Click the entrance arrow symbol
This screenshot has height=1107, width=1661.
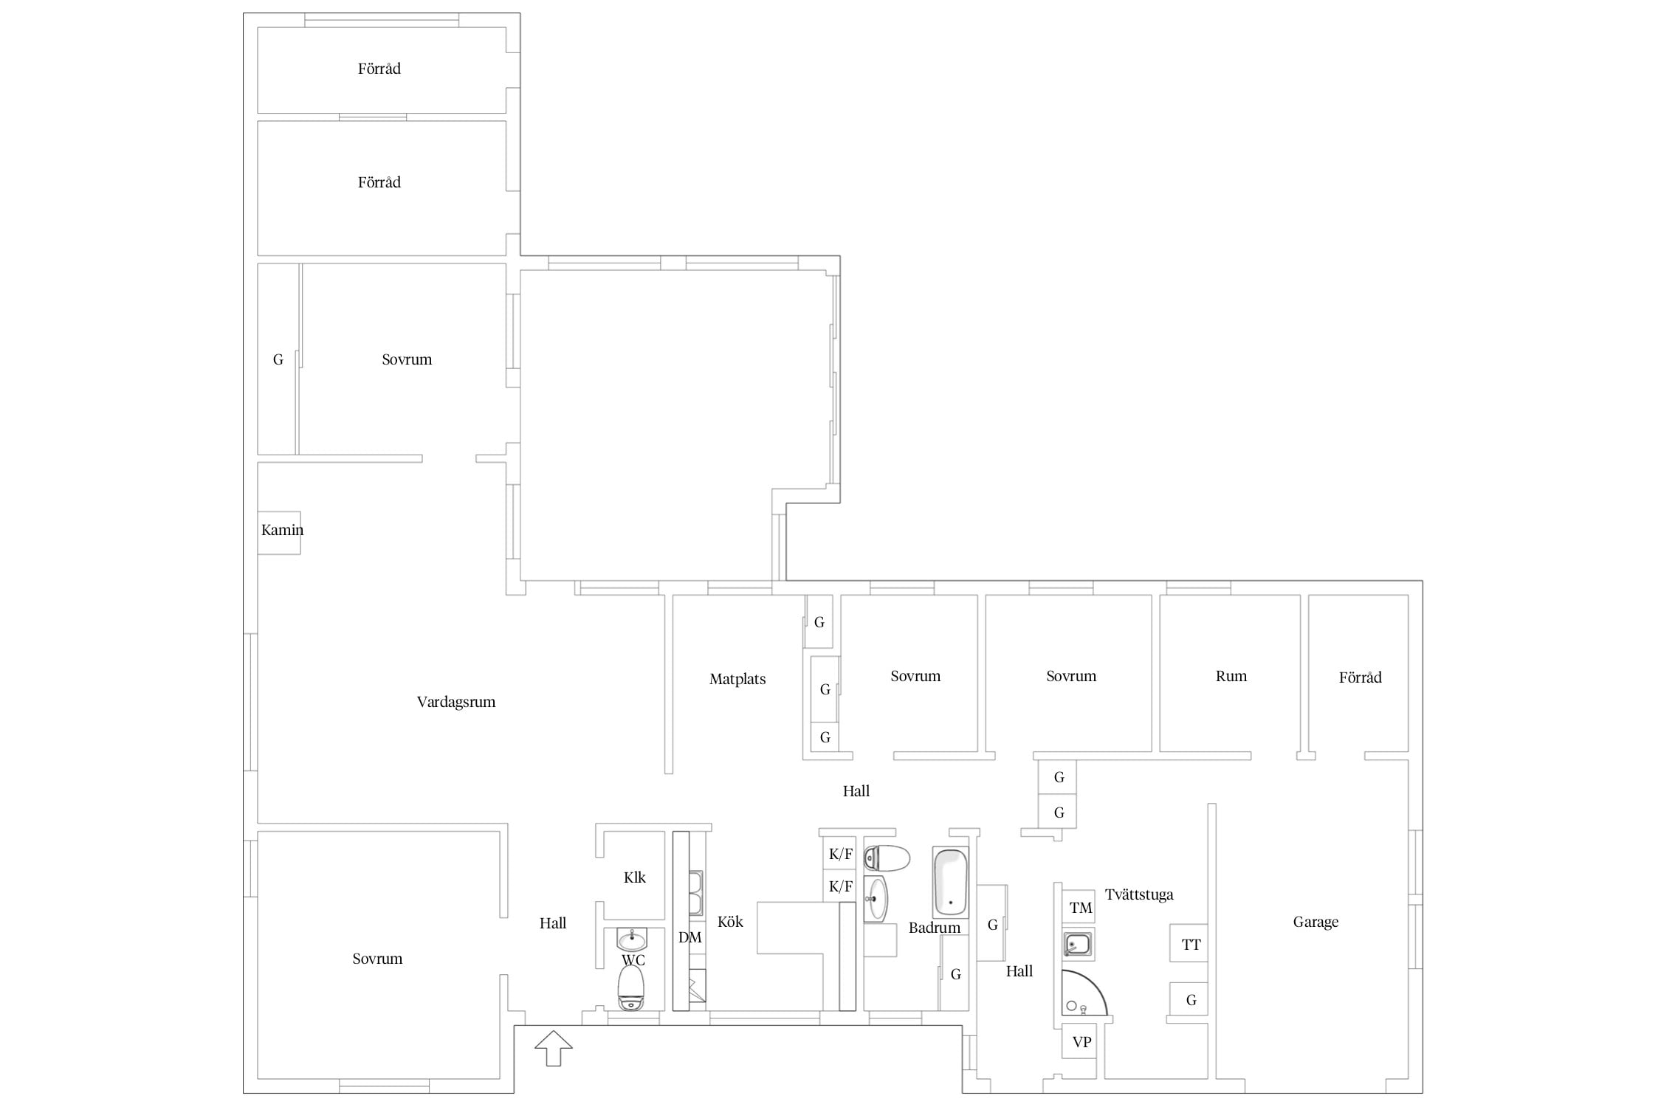pyautogui.click(x=553, y=1049)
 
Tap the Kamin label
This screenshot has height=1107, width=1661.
pyautogui.click(x=282, y=530)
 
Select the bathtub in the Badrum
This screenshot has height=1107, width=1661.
pyautogui.click(x=950, y=881)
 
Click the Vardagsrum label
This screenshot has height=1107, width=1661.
pyautogui.click(x=455, y=702)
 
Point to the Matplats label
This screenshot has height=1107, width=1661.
pyautogui.click(x=737, y=679)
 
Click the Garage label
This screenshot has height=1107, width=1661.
pyautogui.click(x=1316, y=922)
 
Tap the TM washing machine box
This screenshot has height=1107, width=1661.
pyautogui.click(x=1079, y=907)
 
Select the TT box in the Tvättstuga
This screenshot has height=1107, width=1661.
pyautogui.click(x=1189, y=943)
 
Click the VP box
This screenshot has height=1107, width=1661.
pyautogui.click(x=1079, y=1042)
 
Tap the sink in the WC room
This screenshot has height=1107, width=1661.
pyautogui.click(x=632, y=939)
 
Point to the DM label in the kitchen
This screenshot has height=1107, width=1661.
pyautogui.click(x=690, y=938)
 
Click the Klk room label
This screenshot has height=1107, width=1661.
pyautogui.click(x=635, y=877)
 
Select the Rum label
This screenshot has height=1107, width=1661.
pyautogui.click(x=1231, y=676)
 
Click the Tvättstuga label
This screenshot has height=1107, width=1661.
pyautogui.click(x=1139, y=894)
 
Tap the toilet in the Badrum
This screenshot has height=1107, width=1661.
pyautogui.click(x=887, y=858)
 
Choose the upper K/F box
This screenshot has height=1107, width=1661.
pyautogui.click(x=840, y=854)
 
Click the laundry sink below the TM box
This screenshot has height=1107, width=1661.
pyautogui.click(x=1078, y=944)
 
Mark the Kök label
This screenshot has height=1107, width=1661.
pyautogui.click(x=730, y=922)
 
